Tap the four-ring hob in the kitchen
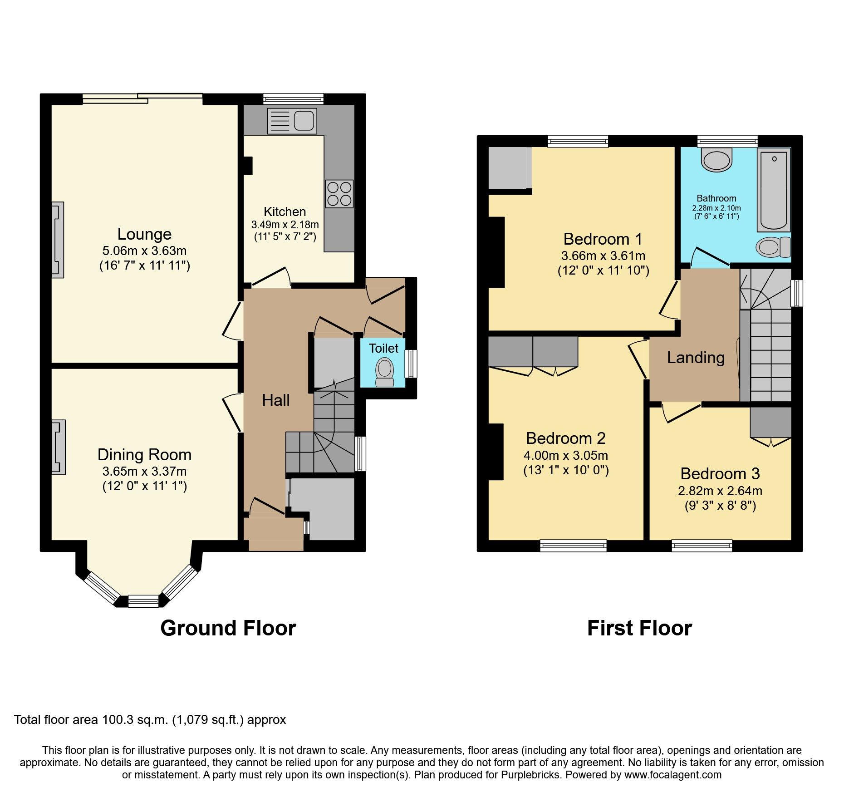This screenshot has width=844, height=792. [339, 194]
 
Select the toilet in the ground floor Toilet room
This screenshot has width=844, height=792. [385, 372]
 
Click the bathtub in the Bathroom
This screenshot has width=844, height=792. [774, 191]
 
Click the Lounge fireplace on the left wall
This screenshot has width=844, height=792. [58, 240]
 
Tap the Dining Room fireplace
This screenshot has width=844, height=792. [59, 448]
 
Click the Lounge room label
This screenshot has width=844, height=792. [144, 234]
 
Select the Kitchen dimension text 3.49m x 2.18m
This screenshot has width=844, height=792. [285, 225]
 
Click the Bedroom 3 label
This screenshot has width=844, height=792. [720, 473]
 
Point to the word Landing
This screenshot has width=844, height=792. [696, 358]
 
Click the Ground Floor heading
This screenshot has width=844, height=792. [228, 628]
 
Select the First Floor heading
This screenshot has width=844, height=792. [639, 628]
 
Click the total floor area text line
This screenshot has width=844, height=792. [150, 719]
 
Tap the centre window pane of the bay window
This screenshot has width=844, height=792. [143, 601]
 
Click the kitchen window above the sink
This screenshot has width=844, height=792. [293, 98]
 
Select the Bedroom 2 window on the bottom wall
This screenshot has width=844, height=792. [573, 545]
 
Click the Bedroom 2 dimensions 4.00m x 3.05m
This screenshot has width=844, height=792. [566, 455]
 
